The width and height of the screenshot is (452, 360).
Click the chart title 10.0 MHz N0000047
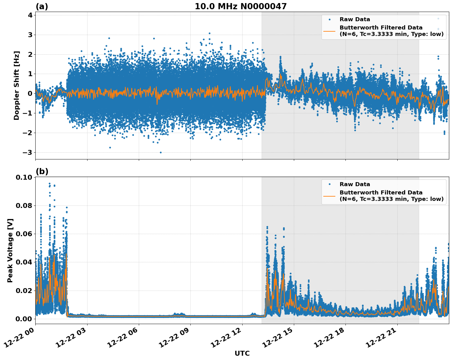point(240,6)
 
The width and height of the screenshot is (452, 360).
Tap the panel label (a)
point(42,6)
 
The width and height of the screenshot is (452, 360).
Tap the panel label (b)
point(42,171)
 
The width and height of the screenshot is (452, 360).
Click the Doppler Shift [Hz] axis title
point(17,85)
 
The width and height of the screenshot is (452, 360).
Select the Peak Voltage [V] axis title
point(10,250)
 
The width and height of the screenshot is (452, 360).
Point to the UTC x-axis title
point(242,354)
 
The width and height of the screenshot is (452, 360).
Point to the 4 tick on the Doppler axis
point(30,15)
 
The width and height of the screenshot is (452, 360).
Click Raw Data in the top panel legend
point(355,19)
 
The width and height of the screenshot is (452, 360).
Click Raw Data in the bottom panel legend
point(355,184)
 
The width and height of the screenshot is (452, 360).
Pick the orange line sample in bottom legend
point(329,196)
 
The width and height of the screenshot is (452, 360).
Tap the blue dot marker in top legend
point(329,19)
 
